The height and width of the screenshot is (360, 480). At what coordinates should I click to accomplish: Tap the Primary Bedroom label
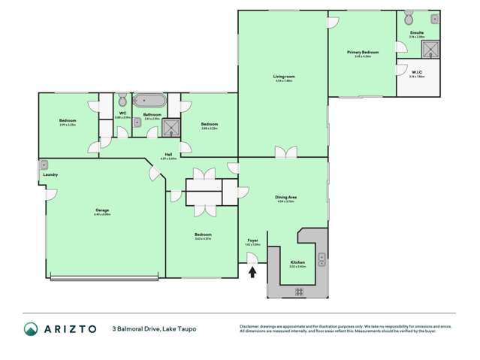[x=362, y=53]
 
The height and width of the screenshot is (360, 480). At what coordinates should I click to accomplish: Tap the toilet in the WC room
[x=122, y=100]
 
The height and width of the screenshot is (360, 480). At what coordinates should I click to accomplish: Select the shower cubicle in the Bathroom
[x=172, y=127]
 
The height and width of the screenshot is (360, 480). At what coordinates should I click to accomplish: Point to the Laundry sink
[x=44, y=165]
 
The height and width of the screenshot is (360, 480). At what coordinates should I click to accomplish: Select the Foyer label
[x=252, y=241]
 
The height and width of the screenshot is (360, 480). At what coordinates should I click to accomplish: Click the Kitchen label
[x=297, y=263]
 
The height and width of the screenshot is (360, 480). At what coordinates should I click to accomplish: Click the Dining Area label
[x=285, y=198]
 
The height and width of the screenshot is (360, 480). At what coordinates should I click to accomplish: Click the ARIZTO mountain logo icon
[x=31, y=329]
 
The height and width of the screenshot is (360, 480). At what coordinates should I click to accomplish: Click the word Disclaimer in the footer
[x=250, y=325]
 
